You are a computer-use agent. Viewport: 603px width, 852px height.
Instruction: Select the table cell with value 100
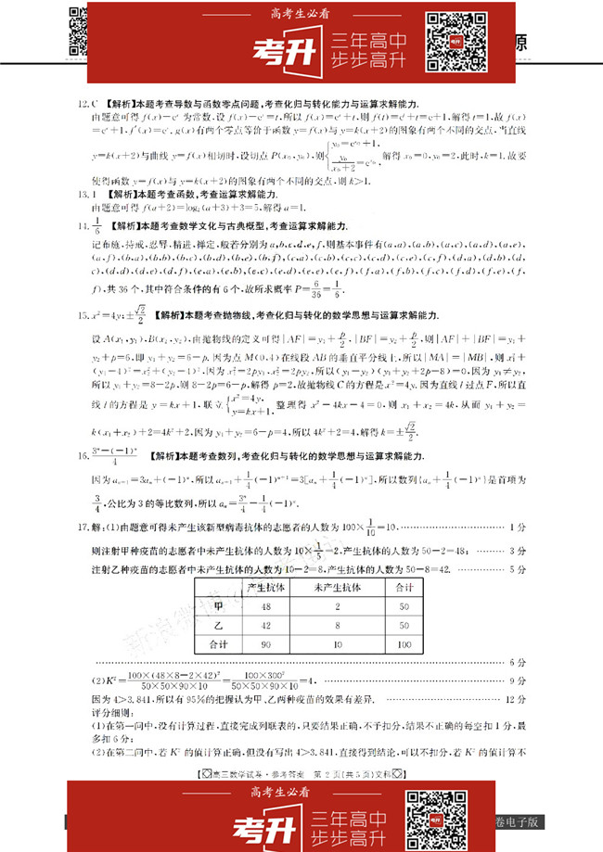tap(404, 643)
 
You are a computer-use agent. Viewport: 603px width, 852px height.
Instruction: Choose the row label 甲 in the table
tap(219, 606)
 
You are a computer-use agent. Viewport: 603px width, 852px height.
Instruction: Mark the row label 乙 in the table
tap(219, 625)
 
